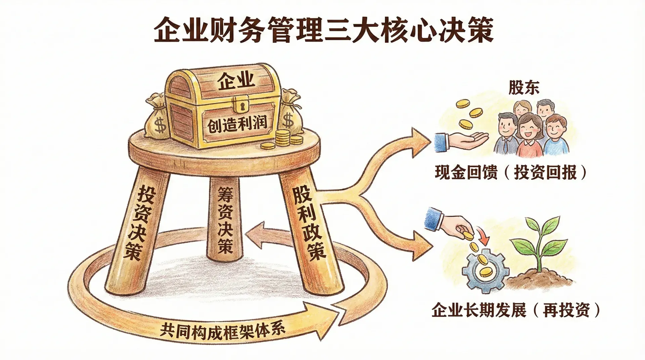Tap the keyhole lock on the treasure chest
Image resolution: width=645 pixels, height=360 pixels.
(242, 104)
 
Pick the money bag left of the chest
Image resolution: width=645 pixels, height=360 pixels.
(156, 118)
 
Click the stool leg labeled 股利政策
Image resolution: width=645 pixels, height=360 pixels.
(307, 225)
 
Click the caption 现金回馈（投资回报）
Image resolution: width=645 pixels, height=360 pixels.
(511, 173)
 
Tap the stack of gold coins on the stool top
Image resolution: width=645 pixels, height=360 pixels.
(283, 137)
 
